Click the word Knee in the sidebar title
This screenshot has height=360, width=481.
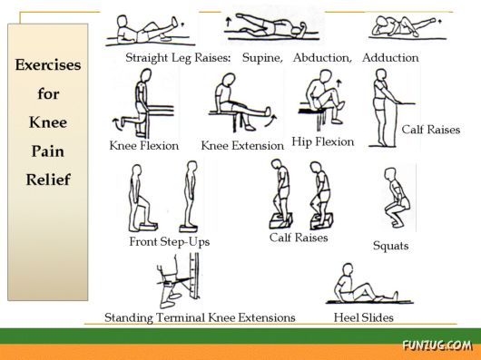point(48,122)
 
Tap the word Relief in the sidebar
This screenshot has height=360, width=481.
point(48,179)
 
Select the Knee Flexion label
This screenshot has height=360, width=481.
point(143,145)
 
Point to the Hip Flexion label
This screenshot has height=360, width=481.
point(323,141)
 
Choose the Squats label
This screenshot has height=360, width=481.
point(391,246)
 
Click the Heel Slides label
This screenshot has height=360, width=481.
point(365,317)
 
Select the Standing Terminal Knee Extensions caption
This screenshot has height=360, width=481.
point(200,317)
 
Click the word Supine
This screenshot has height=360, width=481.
point(262,58)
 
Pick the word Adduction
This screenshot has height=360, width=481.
point(390,58)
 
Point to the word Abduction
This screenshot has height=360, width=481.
point(322,58)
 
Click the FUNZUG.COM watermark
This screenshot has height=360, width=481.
point(437,345)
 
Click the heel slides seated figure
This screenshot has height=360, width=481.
point(361,285)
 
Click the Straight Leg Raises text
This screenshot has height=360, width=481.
point(178,58)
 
